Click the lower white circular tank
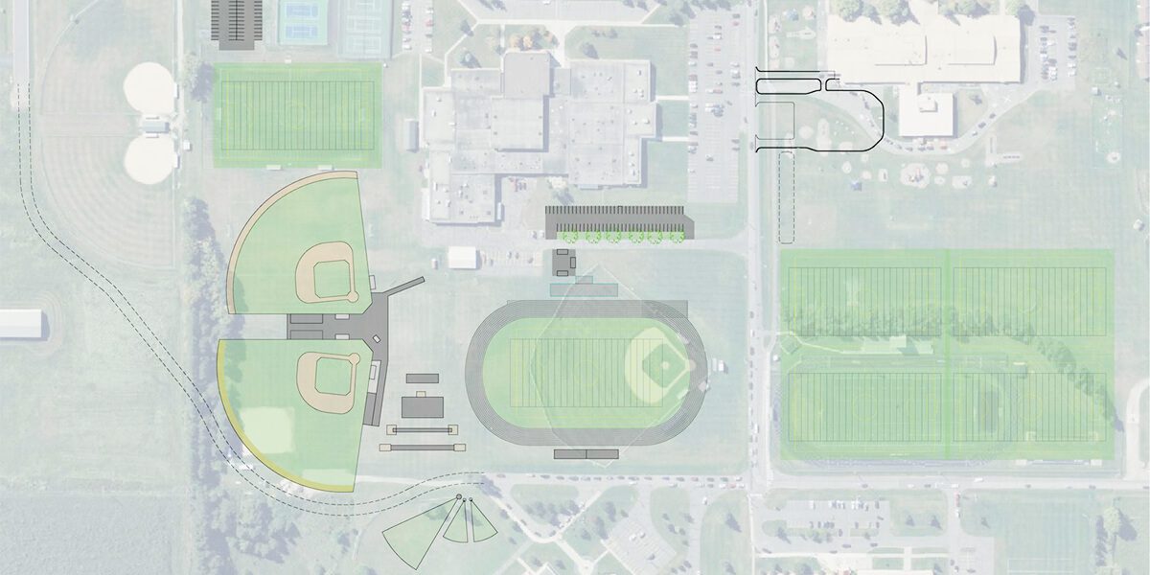pos(150,157)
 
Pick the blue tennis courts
pos(305,22)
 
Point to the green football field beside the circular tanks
pos(294,116)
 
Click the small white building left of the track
pos(463,258)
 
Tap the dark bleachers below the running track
pos(586,453)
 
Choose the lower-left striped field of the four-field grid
pos(866,407)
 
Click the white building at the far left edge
pos(21,324)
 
